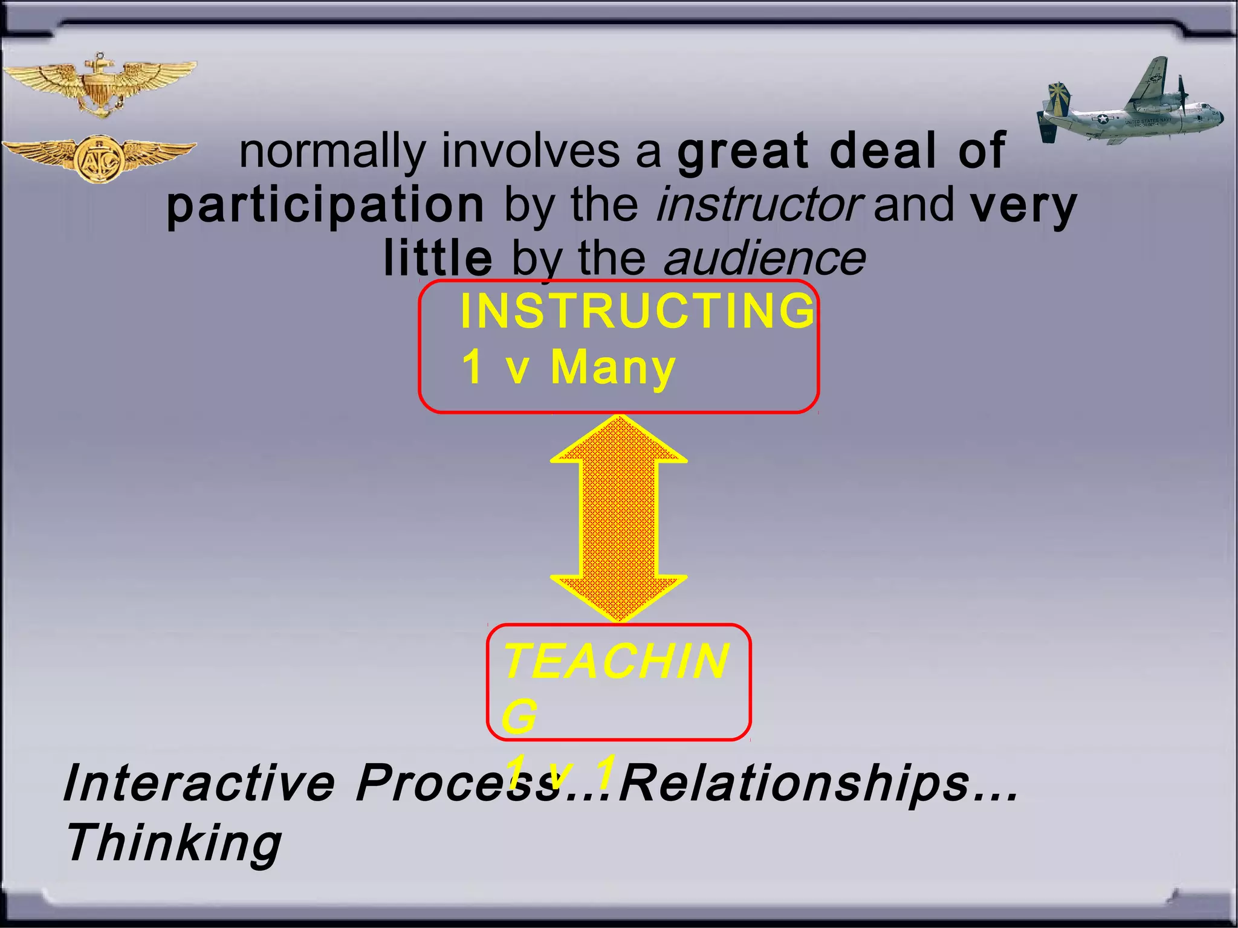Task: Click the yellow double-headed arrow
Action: click(x=618, y=518)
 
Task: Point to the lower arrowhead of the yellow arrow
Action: click(x=618, y=598)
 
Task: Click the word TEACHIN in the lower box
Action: click(x=616, y=661)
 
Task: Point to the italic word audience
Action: click(x=764, y=259)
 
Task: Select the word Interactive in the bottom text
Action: click(x=199, y=783)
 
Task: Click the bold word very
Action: click(x=1023, y=205)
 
